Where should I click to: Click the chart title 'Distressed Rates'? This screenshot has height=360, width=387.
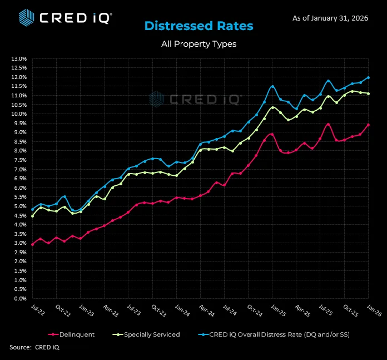click(199, 26)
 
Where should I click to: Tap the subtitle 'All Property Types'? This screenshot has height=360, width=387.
click(199, 44)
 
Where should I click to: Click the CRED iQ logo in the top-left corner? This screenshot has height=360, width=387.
click(64, 17)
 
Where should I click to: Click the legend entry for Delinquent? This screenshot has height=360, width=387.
click(72, 334)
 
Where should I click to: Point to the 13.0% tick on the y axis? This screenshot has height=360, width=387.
click(18, 58)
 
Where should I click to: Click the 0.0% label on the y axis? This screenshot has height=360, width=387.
click(19, 299)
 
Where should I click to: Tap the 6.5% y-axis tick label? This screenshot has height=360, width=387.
click(19, 179)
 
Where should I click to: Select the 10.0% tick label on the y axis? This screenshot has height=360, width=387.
click(18, 114)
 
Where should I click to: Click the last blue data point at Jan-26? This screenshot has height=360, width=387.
click(368, 77)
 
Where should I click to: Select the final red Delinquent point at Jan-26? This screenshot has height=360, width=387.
click(368, 125)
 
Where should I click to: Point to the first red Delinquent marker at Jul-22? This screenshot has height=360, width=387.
click(32, 244)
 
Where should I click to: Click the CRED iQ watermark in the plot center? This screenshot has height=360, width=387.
click(195, 99)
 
